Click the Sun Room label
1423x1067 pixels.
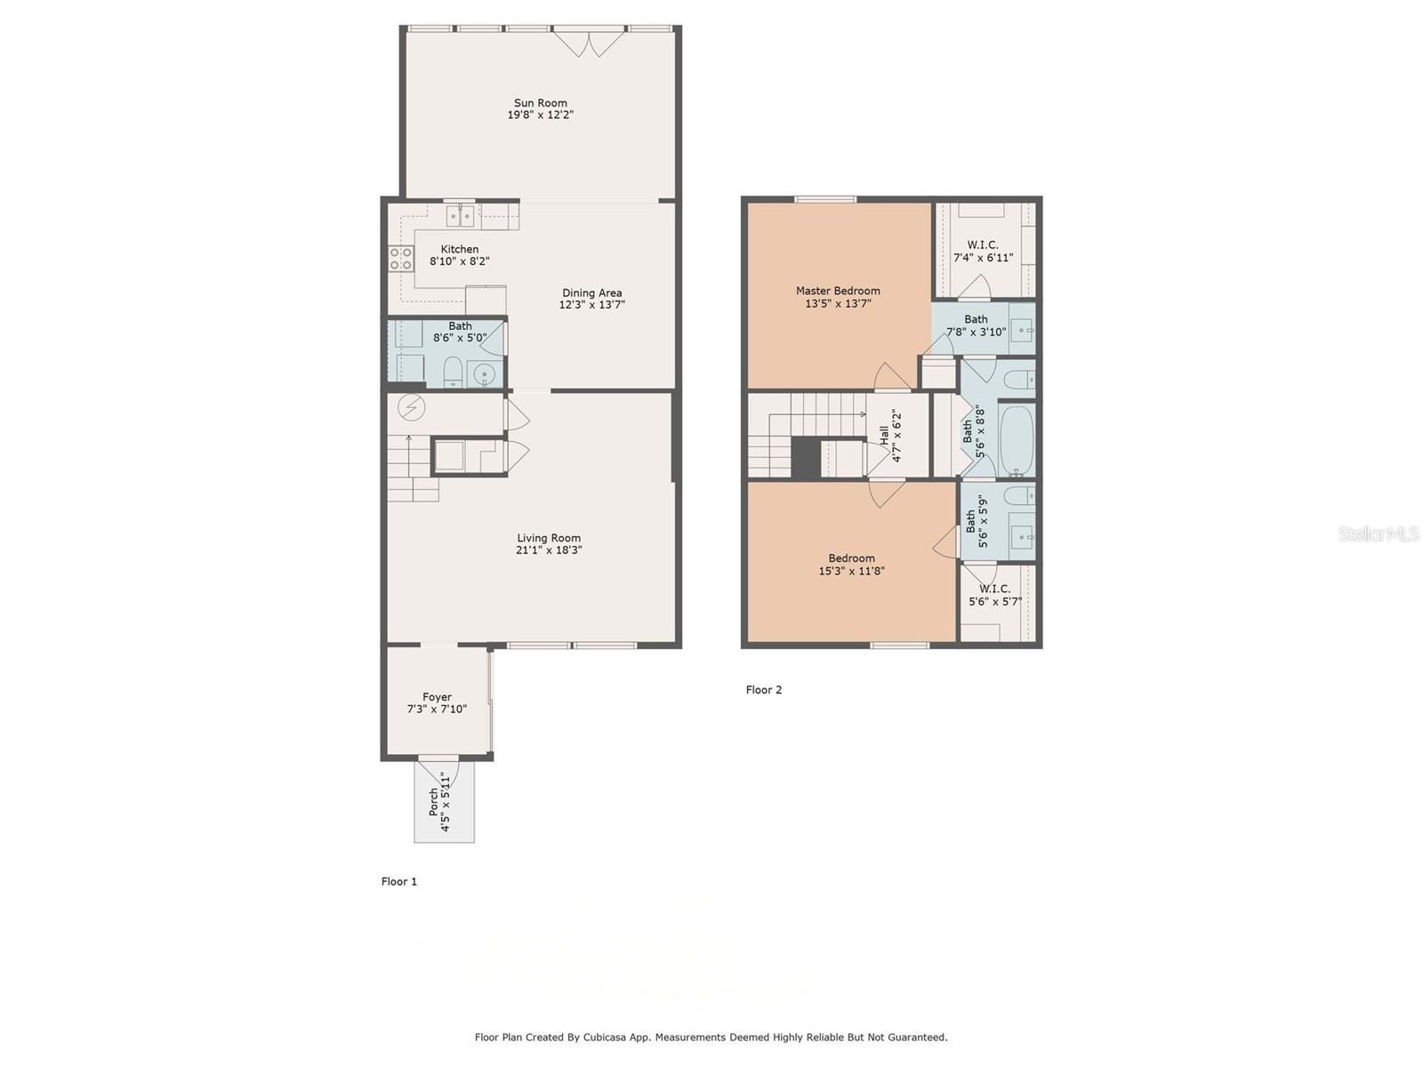[540, 103]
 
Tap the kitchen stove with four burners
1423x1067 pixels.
[401, 259]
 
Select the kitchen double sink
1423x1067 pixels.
[461, 215]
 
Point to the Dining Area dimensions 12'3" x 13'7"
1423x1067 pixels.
[592, 304]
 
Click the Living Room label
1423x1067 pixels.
[549, 538]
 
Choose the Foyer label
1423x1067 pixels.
[437, 697]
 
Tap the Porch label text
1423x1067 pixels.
[433, 802]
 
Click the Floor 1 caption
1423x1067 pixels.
[398, 881]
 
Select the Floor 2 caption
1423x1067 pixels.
[764, 689]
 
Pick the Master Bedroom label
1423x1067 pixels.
[838, 291]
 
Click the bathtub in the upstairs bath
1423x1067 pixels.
[1017, 440]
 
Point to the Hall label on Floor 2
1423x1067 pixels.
[884, 436]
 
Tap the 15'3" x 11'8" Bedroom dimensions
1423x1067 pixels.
[851, 571]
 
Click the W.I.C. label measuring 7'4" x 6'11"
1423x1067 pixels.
[982, 245]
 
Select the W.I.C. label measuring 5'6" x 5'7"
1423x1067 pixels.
[994, 589]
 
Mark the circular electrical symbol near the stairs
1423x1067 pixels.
[411, 407]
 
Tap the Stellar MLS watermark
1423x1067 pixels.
[1379, 533]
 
